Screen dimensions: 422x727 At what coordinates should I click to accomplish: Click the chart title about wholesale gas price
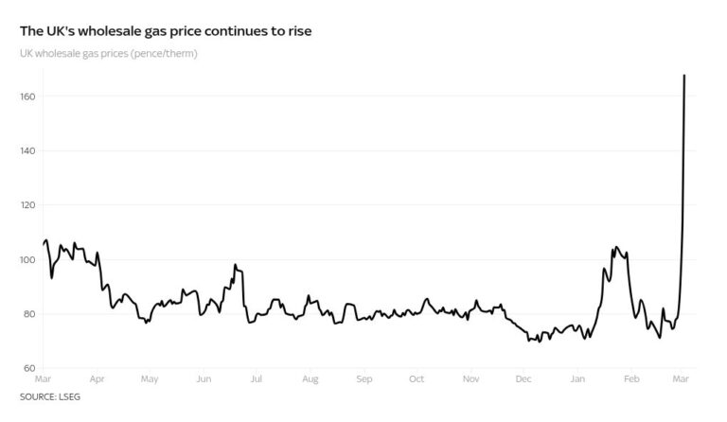[x=166, y=31]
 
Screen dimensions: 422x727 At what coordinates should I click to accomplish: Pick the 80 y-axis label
[x=28, y=314]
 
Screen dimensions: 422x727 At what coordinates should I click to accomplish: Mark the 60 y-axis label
[x=28, y=368]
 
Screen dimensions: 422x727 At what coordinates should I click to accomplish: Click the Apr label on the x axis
[x=97, y=379]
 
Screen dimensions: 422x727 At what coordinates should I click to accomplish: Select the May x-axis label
[x=149, y=379]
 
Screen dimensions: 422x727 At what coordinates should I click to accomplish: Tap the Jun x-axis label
[x=204, y=379]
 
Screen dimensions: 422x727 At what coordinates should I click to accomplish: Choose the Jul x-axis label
[x=256, y=379]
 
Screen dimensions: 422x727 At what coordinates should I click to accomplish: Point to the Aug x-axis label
[x=310, y=379]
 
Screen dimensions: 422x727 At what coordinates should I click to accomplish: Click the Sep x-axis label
[x=364, y=379]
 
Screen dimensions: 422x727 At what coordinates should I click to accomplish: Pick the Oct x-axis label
[x=417, y=379]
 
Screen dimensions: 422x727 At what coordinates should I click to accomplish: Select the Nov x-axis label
[x=470, y=379]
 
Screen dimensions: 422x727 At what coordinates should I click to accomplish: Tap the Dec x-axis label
[x=523, y=379]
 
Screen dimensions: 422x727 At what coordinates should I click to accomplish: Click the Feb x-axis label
[x=631, y=379]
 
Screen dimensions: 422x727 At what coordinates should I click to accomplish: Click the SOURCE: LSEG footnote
[x=50, y=396]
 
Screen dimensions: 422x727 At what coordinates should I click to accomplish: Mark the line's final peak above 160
[x=684, y=76]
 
